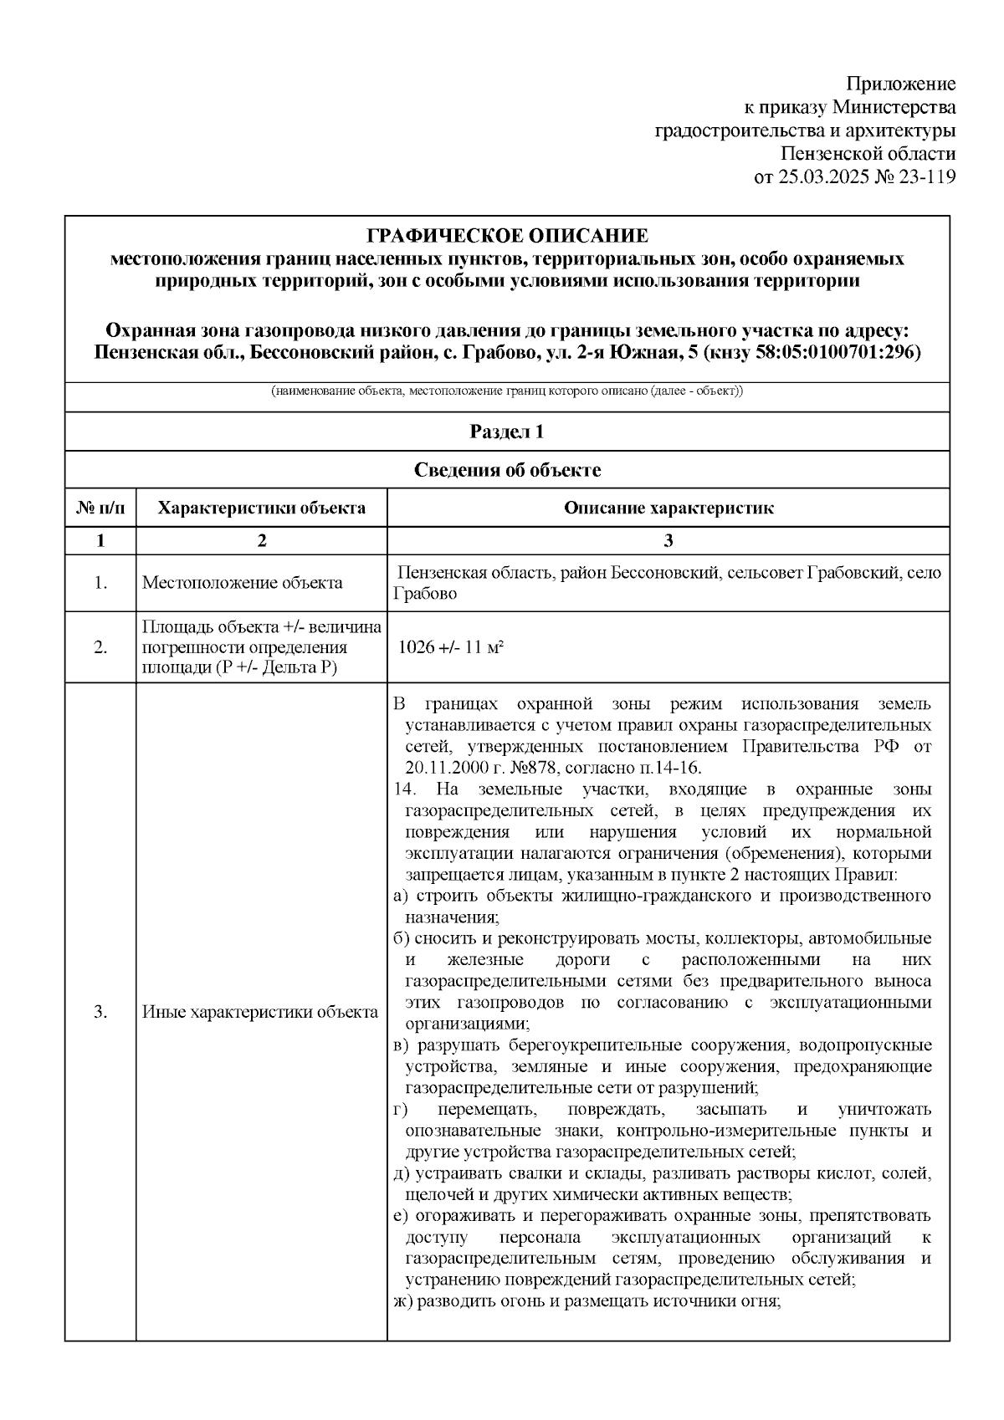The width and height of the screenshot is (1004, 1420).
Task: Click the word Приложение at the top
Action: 900,84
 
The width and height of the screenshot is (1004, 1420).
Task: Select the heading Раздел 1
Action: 507,432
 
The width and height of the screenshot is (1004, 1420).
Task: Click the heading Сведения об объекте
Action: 507,470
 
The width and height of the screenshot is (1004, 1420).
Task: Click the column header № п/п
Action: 100,508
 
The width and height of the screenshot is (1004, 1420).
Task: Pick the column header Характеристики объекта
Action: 262,508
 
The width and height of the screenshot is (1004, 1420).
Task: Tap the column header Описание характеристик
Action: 668,508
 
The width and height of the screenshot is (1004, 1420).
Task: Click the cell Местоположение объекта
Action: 243,583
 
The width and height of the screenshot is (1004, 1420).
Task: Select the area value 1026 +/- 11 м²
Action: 451,647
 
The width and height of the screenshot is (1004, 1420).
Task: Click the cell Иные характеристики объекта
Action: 260,1012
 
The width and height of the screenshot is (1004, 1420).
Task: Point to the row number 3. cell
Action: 100,1012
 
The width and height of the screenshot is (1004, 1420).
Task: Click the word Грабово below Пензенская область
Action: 426,595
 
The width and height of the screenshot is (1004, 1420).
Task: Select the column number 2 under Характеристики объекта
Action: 262,540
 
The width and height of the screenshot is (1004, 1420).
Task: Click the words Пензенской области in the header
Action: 867,154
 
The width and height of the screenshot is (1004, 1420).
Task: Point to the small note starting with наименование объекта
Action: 507,391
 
